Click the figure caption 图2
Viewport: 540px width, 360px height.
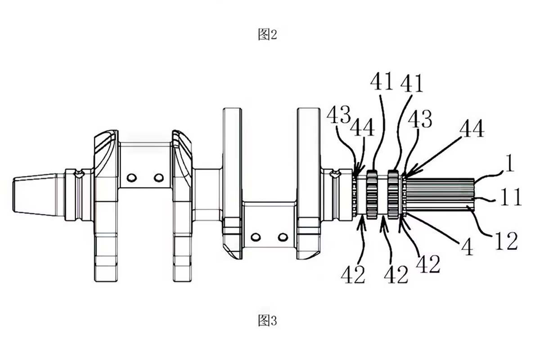coord(267,35)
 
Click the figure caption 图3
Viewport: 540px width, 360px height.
coord(267,321)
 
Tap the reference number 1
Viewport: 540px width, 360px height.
coord(508,163)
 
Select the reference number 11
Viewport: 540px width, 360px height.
coord(511,197)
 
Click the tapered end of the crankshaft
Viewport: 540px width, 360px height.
coord(36,194)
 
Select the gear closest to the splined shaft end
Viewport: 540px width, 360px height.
coord(393,194)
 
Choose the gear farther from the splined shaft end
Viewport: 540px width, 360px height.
coord(372,194)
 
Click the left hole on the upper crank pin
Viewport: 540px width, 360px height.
coord(131,178)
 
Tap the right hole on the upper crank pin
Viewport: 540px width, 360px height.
coord(158,178)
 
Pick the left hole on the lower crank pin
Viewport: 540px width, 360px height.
coord(256,237)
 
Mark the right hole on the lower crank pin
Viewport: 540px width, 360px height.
coord(283,237)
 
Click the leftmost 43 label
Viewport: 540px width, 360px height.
coord(338,115)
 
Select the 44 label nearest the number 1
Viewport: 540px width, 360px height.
coord(472,129)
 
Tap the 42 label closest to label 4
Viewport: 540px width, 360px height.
coord(428,264)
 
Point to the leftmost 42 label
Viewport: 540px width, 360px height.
coord(353,274)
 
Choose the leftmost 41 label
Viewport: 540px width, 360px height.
coord(382,81)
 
